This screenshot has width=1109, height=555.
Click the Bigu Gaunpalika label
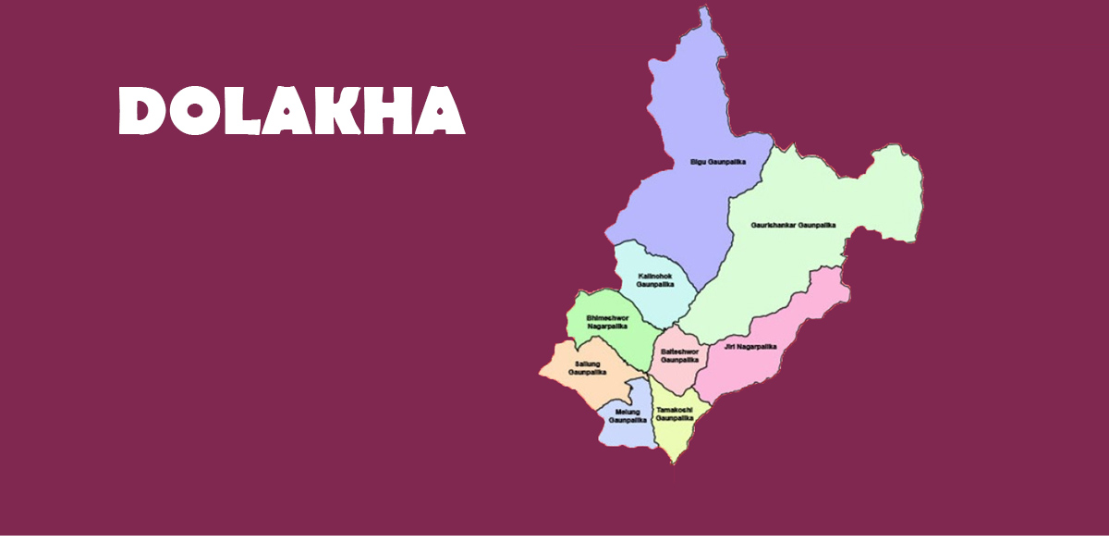tap(717, 162)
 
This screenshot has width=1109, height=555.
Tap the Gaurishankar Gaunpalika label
tap(793, 225)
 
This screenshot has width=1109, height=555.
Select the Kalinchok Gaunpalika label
tap(654, 280)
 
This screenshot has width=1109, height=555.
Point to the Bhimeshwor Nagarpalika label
tap(607, 322)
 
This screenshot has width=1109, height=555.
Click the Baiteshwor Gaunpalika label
tap(679, 356)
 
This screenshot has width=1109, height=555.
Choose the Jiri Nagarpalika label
tap(750, 347)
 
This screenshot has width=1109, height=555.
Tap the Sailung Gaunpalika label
tap(587, 368)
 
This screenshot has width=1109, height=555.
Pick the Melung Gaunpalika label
tap(628, 415)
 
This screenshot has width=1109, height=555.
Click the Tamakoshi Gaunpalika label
tap(675, 413)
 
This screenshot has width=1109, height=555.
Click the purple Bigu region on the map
tap(684, 111)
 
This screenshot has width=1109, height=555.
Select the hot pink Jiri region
tap(795, 314)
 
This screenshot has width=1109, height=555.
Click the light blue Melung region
tap(628, 435)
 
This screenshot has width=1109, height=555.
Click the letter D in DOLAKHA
tap(140, 112)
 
